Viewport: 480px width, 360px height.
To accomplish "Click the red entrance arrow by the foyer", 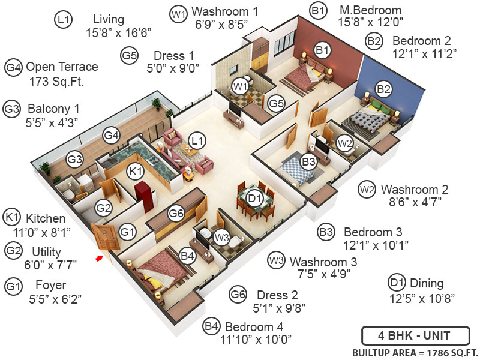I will click(x=100, y=258).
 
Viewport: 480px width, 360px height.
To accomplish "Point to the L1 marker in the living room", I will click(x=196, y=140).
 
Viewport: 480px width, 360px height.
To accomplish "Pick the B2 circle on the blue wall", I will click(x=383, y=89).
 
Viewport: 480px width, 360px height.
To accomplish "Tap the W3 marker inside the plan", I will click(x=222, y=238).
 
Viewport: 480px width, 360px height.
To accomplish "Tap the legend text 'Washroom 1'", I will click(x=224, y=11).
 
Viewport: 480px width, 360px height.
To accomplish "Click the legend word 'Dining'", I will click(x=426, y=283).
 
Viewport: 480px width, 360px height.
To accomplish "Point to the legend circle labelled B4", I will click(x=211, y=326).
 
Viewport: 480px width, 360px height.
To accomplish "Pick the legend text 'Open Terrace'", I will click(x=62, y=67).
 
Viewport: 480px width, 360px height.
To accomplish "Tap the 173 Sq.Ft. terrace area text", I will click(x=56, y=81).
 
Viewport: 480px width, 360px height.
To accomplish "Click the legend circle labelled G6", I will click(x=238, y=294).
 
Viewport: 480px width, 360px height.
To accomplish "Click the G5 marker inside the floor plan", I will click(x=276, y=103).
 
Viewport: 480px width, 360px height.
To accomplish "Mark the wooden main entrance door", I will click(x=106, y=236).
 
